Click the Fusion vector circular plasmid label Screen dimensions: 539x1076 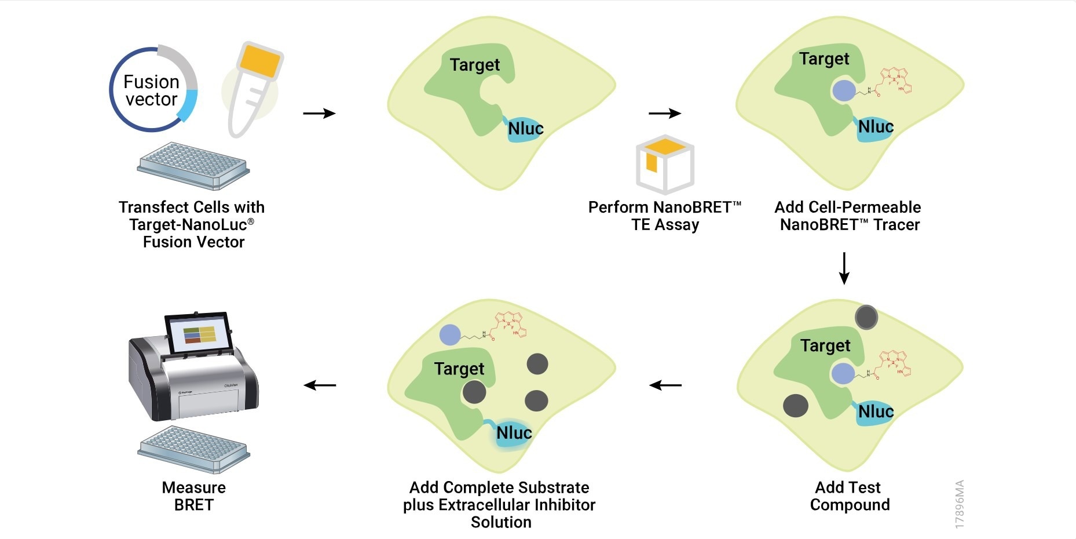152,90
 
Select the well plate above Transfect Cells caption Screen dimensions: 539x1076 193,166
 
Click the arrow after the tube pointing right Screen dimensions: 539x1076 319,113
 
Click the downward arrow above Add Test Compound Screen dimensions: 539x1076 844,268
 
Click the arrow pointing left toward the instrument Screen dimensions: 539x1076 320,385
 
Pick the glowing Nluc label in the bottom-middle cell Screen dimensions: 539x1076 514,433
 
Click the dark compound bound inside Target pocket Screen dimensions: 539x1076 474,392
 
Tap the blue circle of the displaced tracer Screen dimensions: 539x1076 450,334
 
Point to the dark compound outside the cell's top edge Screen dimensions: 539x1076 866,317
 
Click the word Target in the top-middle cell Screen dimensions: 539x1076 474,65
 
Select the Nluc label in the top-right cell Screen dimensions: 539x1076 875,127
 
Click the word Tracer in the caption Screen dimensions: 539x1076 896,225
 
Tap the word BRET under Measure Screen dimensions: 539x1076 193,505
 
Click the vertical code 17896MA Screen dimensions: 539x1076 959,504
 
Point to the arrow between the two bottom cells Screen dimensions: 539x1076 665,385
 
